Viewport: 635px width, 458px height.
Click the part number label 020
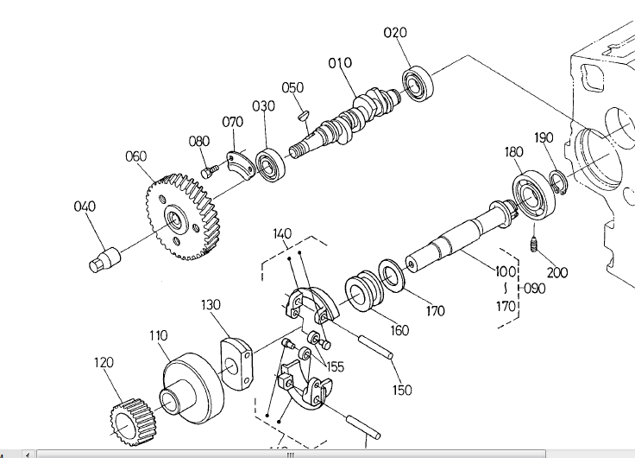tap(395, 33)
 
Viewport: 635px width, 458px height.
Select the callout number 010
tap(340, 63)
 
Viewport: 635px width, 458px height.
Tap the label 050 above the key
tap(292, 87)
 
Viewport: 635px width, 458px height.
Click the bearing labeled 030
tap(270, 165)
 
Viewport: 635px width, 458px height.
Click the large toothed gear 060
tap(183, 217)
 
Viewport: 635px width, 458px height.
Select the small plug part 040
tap(104, 260)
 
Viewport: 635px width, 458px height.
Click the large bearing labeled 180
tap(534, 197)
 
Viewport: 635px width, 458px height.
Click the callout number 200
tap(557, 272)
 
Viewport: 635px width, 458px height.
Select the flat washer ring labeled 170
tap(391, 275)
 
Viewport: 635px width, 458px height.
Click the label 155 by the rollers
tap(335, 366)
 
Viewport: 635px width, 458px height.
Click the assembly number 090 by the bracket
tap(535, 289)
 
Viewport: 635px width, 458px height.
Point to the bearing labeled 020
tap(418, 84)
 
